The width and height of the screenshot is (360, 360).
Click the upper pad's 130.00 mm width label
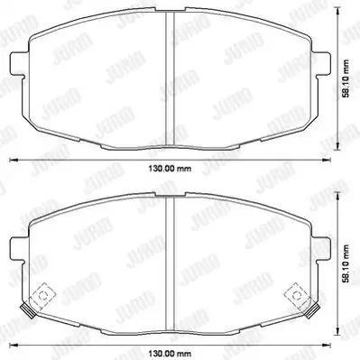point(170,169)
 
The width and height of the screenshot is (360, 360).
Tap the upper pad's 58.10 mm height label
point(346,78)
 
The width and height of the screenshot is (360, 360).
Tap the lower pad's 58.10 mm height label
point(346,263)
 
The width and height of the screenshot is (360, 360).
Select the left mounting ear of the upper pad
point(18,64)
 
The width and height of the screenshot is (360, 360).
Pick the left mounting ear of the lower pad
point(18,249)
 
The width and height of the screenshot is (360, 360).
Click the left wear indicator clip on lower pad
point(42,295)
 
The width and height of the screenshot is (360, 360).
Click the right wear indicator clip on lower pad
point(297,295)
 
